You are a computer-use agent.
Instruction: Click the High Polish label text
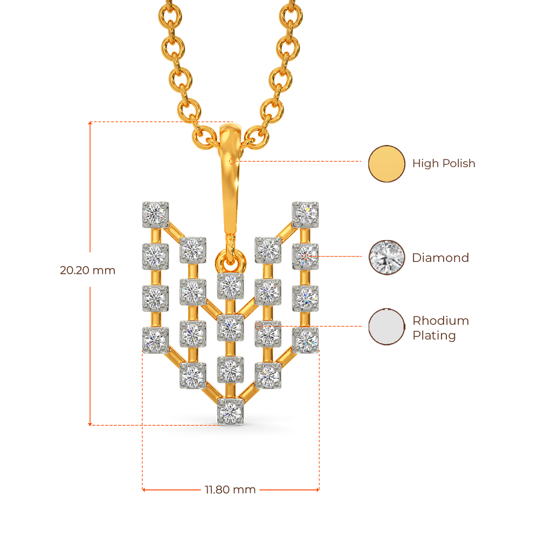click(x=444, y=163)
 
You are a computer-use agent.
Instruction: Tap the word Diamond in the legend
click(x=440, y=258)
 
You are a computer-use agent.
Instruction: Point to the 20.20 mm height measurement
click(x=87, y=270)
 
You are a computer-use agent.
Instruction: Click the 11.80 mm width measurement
click(x=230, y=489)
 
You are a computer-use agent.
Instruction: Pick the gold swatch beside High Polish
click(x=387, y=163)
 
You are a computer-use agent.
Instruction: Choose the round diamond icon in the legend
click(x=387, y=258)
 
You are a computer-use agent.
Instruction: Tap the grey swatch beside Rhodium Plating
click(x=387, y=327)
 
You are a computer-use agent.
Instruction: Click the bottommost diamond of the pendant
click(x=231, y=412)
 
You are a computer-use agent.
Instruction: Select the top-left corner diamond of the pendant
click(x=155, y=213)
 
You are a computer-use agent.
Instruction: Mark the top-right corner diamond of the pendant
click(x=305, y=213)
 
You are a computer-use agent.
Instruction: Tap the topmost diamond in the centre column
click(x=231, y=286)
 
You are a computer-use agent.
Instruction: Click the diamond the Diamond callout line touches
click(x=305, y=256)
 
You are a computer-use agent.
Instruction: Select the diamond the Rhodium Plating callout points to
click(x=268, y=333)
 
